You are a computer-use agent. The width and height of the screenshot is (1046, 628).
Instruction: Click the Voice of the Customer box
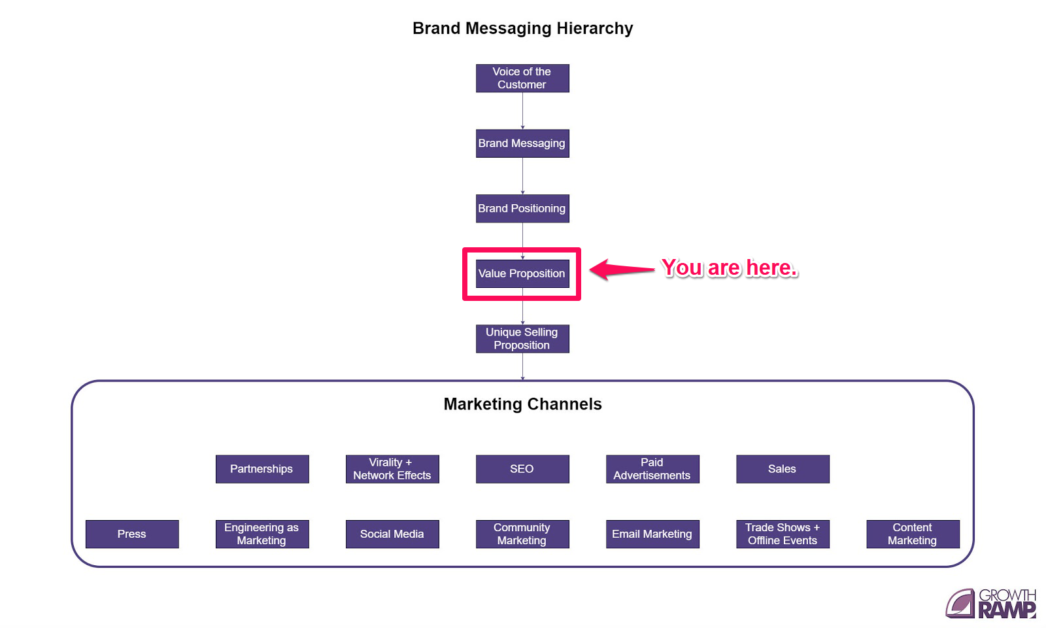(522, 78)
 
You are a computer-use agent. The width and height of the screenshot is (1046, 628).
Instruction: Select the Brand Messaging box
(522, 143)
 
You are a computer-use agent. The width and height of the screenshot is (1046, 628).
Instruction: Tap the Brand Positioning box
(522, 208)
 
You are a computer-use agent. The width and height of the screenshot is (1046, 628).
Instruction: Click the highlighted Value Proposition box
(522, 273)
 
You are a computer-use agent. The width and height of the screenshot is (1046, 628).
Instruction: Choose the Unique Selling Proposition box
(522, 338)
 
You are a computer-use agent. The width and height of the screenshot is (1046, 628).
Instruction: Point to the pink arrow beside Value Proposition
(621, 269)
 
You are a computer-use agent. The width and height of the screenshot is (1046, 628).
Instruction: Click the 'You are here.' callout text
(729, 268)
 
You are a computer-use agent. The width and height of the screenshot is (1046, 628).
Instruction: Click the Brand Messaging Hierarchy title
(522, 28)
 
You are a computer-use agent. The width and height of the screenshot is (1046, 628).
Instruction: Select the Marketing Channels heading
(522, 404)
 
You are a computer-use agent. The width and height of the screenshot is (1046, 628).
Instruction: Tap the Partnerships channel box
(262, 469)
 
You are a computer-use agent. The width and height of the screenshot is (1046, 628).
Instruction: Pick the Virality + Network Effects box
(392, 469)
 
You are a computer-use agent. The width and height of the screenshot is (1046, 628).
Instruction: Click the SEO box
(522, 469)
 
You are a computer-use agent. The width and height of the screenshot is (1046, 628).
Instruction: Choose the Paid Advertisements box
(652, 469)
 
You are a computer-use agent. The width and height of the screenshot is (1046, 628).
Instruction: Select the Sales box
(783, 469)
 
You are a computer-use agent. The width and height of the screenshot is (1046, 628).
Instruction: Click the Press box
(132, 534)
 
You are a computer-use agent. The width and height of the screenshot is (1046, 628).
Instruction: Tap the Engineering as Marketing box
(262, 534)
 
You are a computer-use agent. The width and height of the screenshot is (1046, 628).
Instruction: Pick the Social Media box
(392, 534)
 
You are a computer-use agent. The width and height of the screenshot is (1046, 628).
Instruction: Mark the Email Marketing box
(652, 534)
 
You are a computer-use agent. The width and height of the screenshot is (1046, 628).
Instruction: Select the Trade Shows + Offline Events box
(783, 534)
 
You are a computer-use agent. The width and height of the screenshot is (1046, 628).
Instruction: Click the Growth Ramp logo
(991, 603)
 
